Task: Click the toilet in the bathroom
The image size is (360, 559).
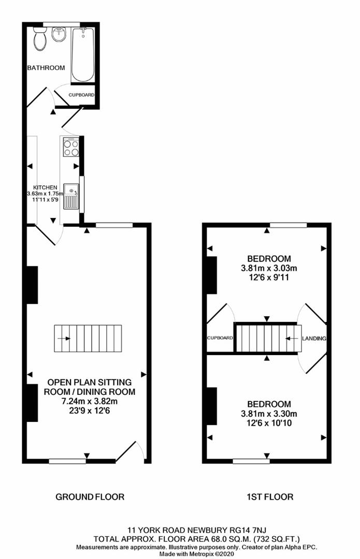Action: click(x=39, y=39)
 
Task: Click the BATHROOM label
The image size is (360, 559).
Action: click(x=46, y=68)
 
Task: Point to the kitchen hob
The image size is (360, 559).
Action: click(x=71, y=147)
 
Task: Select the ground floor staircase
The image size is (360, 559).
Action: click(x=88, y=339)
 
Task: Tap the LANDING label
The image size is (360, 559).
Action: click(x=314, y=339)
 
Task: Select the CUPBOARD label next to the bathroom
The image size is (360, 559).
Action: click(x=82, y=95)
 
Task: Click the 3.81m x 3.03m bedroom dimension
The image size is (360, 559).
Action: click(x=269, y=268)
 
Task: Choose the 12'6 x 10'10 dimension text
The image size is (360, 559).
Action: click(x=269, y=423)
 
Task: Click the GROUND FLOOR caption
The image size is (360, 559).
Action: click(x=90, y=497)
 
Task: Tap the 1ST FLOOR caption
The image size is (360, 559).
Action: click(x=269, y=497)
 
